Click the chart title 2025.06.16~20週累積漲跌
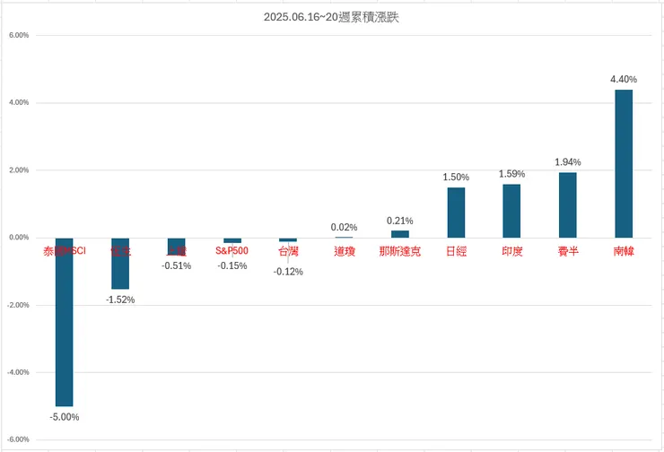[x=331, y=17]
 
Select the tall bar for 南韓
[x=624, y=163]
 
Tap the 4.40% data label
[x=624, y=80]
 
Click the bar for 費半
[x=568, y=204]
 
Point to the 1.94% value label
[x=568, y=162]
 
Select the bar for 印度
[x=511, y=211]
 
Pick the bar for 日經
[x=456, y=213]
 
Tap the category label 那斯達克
[x=399, y=252]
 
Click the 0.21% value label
[x=399, y=221]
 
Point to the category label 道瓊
[x=344, y=252]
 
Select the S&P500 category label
[x=232, y=252]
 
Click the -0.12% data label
[x=288, y=272]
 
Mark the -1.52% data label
[x=120, y=300]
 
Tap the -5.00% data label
[x=65, y=417]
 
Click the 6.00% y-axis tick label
[x=19, y=36]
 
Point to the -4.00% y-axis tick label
[x=19, y=372]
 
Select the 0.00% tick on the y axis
[x=19, y=238]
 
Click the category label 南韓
[x=624, y=252]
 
